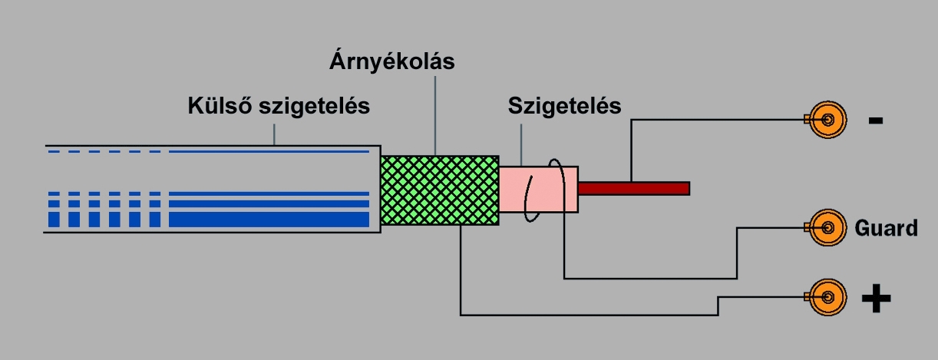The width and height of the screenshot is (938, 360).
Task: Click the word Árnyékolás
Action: coord(391,61)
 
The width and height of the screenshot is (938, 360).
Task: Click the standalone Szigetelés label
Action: coord(564,106)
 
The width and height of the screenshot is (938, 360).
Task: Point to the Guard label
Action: coord(886,228)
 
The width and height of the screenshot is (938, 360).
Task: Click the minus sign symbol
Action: coord(876,121)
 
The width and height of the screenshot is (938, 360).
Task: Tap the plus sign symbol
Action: coord(876,298)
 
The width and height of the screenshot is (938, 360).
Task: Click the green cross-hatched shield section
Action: coord(439,190)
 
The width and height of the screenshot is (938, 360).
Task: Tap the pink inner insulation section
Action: coord(537,189)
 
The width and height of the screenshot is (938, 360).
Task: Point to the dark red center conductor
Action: coord(633,188)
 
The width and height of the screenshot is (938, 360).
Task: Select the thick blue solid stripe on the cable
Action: coord(272,220)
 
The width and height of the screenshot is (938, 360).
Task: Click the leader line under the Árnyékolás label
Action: coord(434,115)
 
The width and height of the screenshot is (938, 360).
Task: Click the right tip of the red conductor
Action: coord(687,188)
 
